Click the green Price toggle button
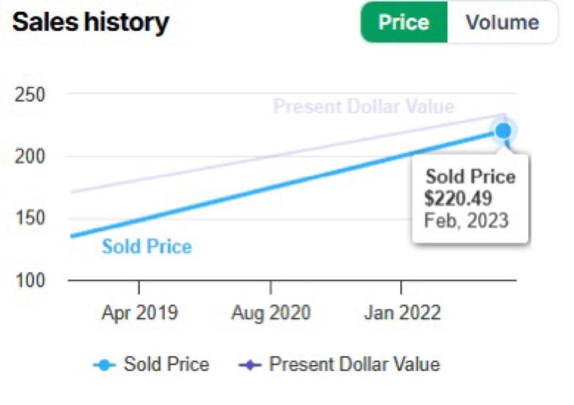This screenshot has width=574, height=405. pos(404,22)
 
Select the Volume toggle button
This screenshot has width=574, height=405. pos(502,22)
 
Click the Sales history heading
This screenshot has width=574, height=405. pos(90,22)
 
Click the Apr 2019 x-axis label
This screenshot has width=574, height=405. pos(139,313)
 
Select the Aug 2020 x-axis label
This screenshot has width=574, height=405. pos(271,313)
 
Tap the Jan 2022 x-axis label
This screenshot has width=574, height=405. pos(402,313)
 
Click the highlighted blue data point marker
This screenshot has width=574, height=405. pos(503,130)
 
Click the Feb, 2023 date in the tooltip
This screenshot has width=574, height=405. pos(466,220)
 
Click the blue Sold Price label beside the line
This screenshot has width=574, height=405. pos(147,247)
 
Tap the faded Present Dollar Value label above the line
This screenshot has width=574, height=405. pos(364,107)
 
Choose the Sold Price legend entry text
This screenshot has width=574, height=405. pos(166,364)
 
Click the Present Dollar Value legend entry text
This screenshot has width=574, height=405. pos(354,364)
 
